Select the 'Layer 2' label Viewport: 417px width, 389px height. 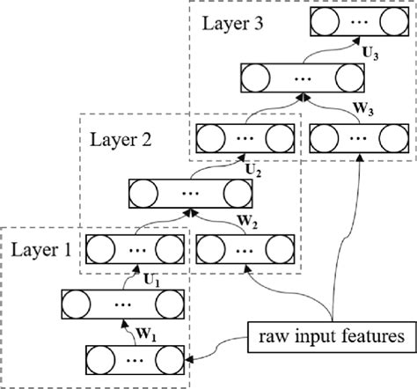[119, 138]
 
